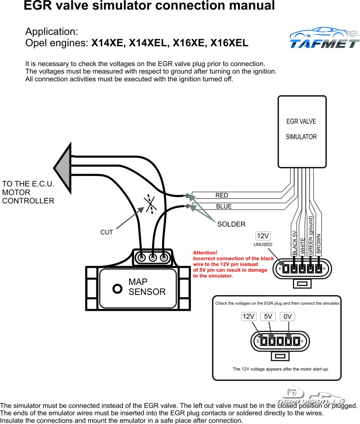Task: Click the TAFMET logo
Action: pyautogui.click(x=324, y=39)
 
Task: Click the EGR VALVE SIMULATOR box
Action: pyautogui.click(x=301, y=131)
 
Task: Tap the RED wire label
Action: pyautogui.click(x=221, y=195)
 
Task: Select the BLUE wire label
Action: pyautogui.click(x=224, y=207)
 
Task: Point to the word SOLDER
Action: pyautogui.click(x=231, y=224)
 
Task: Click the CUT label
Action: pyautogui.click(x=107, y=232)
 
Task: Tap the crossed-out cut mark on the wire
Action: pyautogui.click(x=150, y=204)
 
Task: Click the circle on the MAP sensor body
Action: pyautogui.click(x=117, y=289)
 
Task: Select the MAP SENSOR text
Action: pyautogui.click(x=147, y=286)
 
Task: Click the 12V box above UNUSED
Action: pyautogui.click(x=263, y=236)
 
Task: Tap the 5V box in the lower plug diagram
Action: pyautogui.click(x=269, y=316)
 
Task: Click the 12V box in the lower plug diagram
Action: pyautogui.click(x=248, y=316)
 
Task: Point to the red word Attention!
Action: pyautogui.click(x=205, y=253)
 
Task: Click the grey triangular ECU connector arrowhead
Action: pyautogui.click(x=64, y=166)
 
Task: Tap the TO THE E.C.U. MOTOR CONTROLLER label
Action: pyautogui.click(x=28, y=192)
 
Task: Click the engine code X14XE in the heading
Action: pyautogui.click(x=108, y=44)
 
